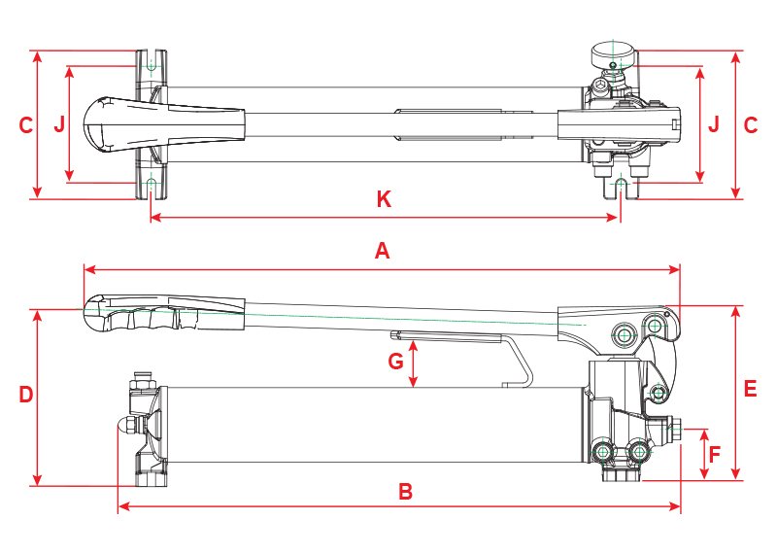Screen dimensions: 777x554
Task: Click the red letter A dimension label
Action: [382, 251]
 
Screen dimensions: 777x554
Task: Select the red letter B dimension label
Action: [405, 492]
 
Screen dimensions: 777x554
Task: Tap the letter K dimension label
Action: [384, 199]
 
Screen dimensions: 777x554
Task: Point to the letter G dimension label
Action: [396, 362]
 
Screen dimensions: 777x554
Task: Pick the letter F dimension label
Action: [714, 454]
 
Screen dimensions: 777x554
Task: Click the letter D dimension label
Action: [26, 395]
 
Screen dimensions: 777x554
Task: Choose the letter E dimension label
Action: [750, 389]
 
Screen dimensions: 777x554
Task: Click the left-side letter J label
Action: [59, 124]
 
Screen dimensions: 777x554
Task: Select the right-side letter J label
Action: [714, 124]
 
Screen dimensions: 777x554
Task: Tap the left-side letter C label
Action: [26, 125]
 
